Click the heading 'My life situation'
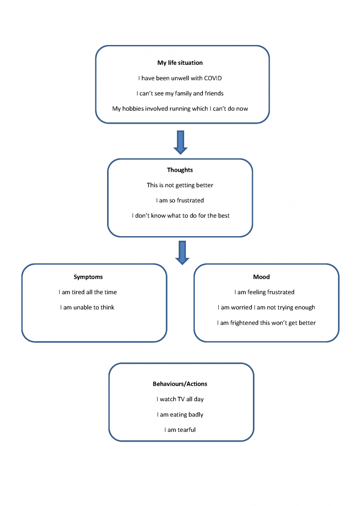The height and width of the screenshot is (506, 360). coord(180,63)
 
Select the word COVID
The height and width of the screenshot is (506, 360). coord(213,78)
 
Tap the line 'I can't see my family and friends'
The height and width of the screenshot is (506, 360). coord(180,94)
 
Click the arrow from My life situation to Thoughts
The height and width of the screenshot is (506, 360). coord(180,142)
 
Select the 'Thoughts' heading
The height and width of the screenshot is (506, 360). coord(180,170)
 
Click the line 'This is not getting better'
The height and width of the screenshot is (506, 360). coord(180,185)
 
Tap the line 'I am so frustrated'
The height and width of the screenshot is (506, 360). coord(180,201)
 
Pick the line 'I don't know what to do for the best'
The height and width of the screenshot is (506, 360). coord(180,215)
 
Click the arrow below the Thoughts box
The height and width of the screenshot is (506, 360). coord(182,253)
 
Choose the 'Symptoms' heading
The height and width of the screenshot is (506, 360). coord(88,277)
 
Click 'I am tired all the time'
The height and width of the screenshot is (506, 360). coord(88,292)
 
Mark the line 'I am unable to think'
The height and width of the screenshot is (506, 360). coord(87,308)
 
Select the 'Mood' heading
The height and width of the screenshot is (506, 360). coord(261,277)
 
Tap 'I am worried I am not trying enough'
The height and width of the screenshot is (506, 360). coord(266,308)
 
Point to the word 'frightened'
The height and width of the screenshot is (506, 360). coord(241,322)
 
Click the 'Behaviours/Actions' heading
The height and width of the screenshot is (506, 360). coord(180,384)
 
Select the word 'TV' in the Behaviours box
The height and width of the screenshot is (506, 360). coord(181,399)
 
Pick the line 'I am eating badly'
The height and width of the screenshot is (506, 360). coord(180,415)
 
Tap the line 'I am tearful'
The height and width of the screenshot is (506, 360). coord(180,430)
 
